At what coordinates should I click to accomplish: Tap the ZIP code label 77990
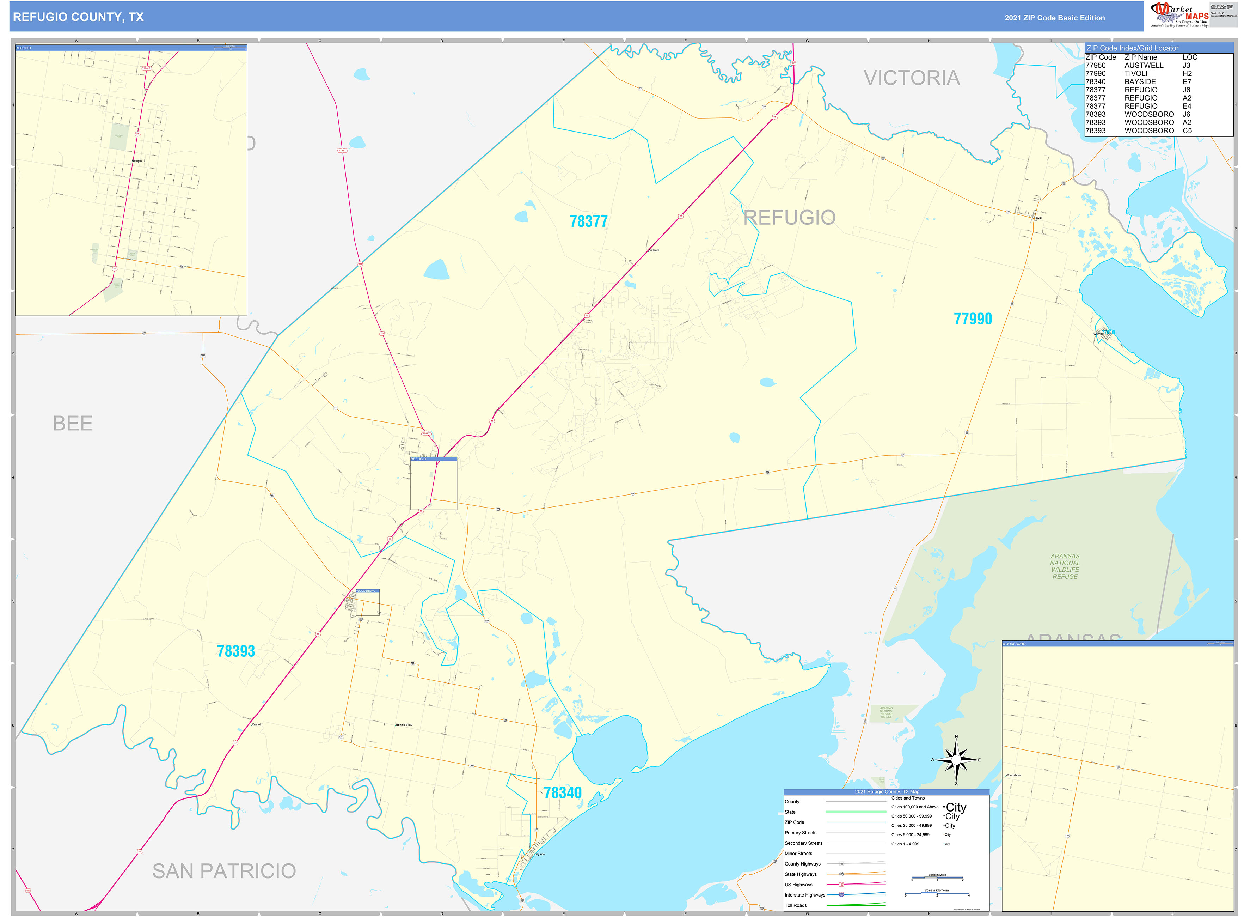(x=972, y=318)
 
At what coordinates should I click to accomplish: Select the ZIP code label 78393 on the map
(x=236, y=651)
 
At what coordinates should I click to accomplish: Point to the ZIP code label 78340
(x=562, y=792)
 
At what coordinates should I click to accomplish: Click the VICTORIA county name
(x=911, y=78)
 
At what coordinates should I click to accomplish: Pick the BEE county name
(x=73, y=424)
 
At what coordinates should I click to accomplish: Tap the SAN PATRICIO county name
(x=224, y=871)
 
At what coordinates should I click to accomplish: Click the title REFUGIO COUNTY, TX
(x=78, y=17)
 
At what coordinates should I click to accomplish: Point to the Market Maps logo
(x=1179, y=15)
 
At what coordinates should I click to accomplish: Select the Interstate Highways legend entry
(x=804, y=895)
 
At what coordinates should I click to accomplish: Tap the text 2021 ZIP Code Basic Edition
(x=1054, y=18)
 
